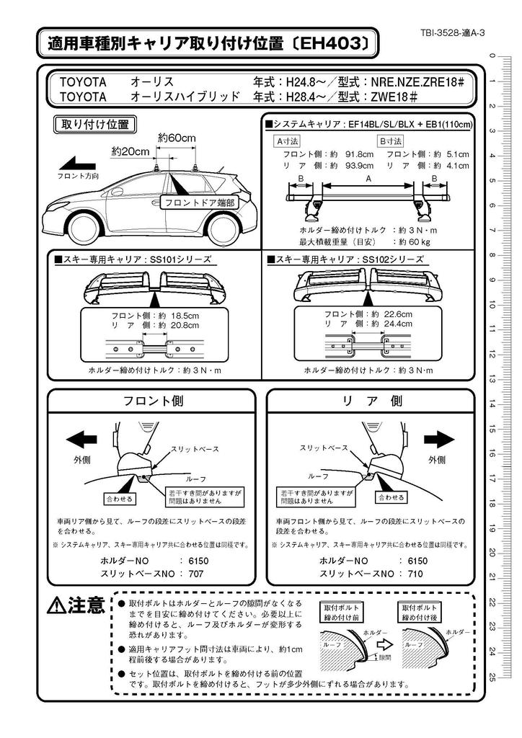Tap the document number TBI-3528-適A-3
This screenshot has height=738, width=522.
(x=451, y=33)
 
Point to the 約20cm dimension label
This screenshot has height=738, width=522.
(x=130, y=151)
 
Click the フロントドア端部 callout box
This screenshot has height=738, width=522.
(x=200, y=203)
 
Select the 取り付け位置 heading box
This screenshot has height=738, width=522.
(x=92, y=124)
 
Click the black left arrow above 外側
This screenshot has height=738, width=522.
(x=81, y=438)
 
